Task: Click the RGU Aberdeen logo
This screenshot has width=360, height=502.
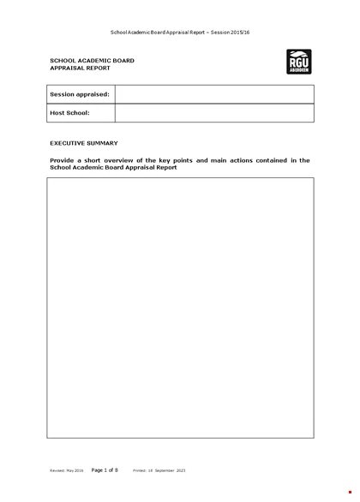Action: pos(299,63)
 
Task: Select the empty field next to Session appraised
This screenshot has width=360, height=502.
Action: pos(213,94)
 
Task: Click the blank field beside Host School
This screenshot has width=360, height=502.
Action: pos(213,112)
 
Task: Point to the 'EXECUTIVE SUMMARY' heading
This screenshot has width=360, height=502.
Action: pos(84,142)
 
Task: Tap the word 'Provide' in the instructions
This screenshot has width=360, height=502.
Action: pos(63,160)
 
